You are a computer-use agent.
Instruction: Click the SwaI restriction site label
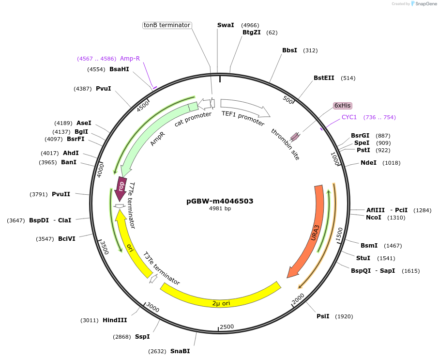coord(226,25)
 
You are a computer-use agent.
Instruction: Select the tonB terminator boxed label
coord(167,25)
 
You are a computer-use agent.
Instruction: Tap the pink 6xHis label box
coord(343,106)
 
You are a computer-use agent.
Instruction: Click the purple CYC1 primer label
coord(349,117)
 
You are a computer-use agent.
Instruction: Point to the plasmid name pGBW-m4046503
coord(220,201)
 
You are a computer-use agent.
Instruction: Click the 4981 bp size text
coord(220,208)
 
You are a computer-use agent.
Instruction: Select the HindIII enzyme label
coord(115,320)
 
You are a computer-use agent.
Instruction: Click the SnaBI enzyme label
coord(180,351)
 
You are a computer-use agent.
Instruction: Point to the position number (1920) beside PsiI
coord(343,316)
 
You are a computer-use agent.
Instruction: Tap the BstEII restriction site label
coord(324,78)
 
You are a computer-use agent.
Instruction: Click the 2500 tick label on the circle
coord(227,327)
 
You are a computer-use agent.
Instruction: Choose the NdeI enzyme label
coord(368,163)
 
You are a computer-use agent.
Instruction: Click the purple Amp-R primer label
coord(130,59)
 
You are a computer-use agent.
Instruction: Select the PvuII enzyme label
coord(61,194)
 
